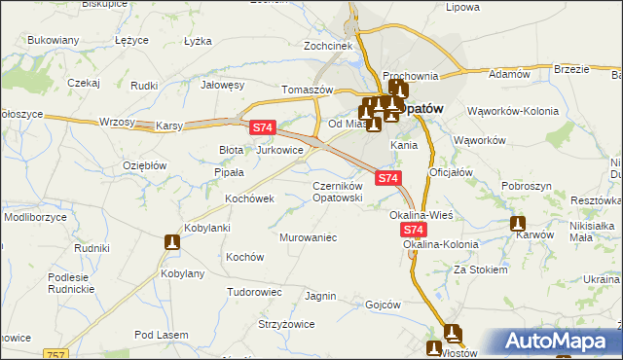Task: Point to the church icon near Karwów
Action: coord(519,223)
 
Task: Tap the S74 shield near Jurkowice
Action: coord(263,127)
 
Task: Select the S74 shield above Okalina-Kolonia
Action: coord(414,230)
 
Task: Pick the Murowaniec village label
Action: coord(308,236)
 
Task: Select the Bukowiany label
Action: coord(54,40)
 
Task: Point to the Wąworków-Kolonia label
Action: coord(512,111)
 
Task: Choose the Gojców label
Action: coord(383,305)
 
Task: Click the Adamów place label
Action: coord(508,74)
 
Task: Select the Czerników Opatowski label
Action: coord(337,191)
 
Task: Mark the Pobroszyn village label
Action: coord(527,185)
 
